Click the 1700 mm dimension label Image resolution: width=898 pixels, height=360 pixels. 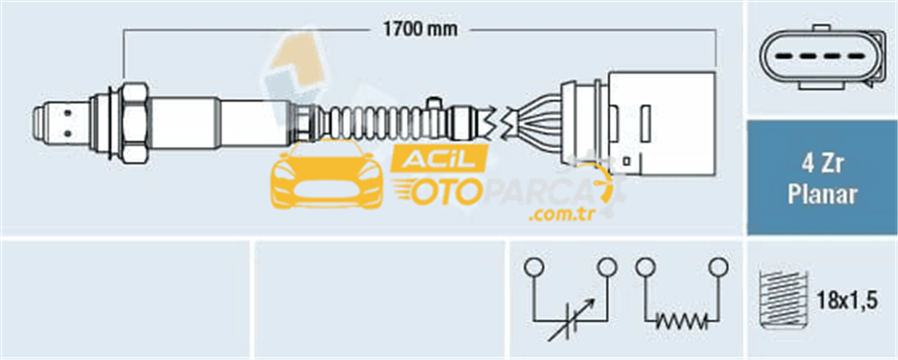click(x=419, y=30)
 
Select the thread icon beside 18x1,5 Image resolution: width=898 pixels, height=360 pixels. click(x=783, y=301)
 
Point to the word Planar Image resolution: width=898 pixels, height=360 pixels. click(x=823, y=195)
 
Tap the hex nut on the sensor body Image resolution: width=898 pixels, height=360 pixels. click(x=135, y=121)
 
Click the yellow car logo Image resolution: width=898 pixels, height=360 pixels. click(x=327, y=175)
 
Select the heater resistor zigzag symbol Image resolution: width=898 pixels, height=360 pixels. click(x=681, y=322)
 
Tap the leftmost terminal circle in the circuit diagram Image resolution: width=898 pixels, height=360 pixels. click(x=533, y=266)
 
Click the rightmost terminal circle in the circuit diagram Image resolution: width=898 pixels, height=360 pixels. click(x=718, y=266)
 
